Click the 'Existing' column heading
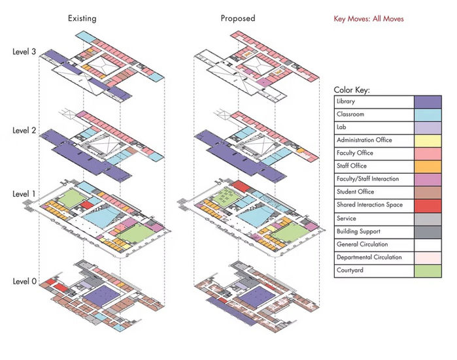pos(82,18)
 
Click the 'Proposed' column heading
pos(237,18)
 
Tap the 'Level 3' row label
pos(24,51)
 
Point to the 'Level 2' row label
pos(24,131)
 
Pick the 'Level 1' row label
pos(24,194)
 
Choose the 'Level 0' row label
pos(24,282)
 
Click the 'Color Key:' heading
pos(352,90)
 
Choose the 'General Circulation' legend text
pos(360,244)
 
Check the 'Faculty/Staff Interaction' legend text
pos(367,179)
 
